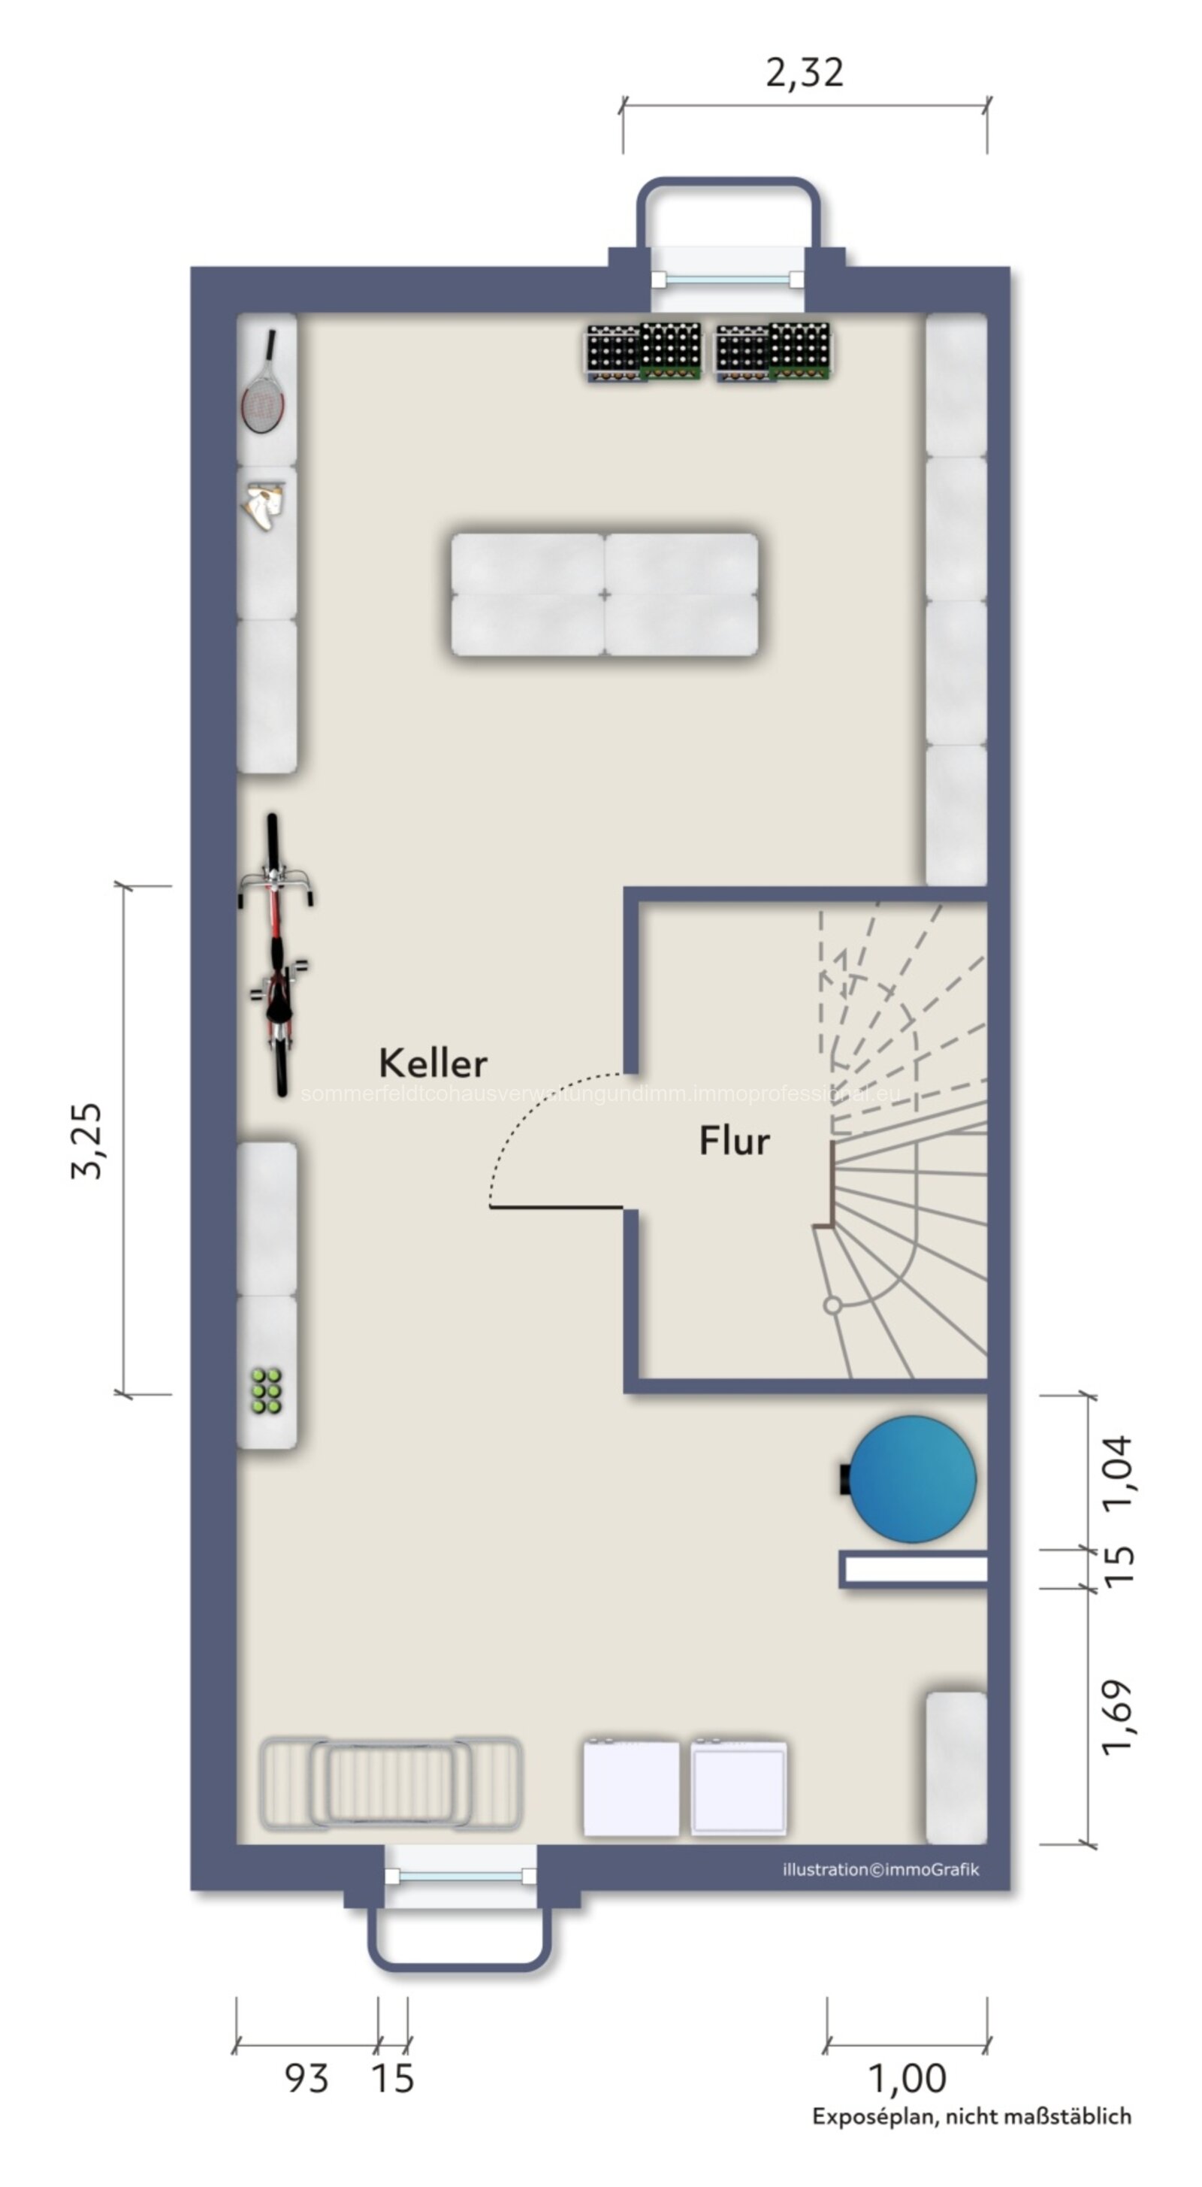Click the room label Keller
433,1063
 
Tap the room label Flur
734,1141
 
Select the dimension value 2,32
805,73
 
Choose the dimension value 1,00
907,2078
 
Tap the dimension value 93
306,2078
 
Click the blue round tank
913,1479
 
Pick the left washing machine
631,1787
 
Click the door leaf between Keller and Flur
556,1206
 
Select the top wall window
727,279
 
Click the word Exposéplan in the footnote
874,2116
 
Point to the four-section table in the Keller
605,594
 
